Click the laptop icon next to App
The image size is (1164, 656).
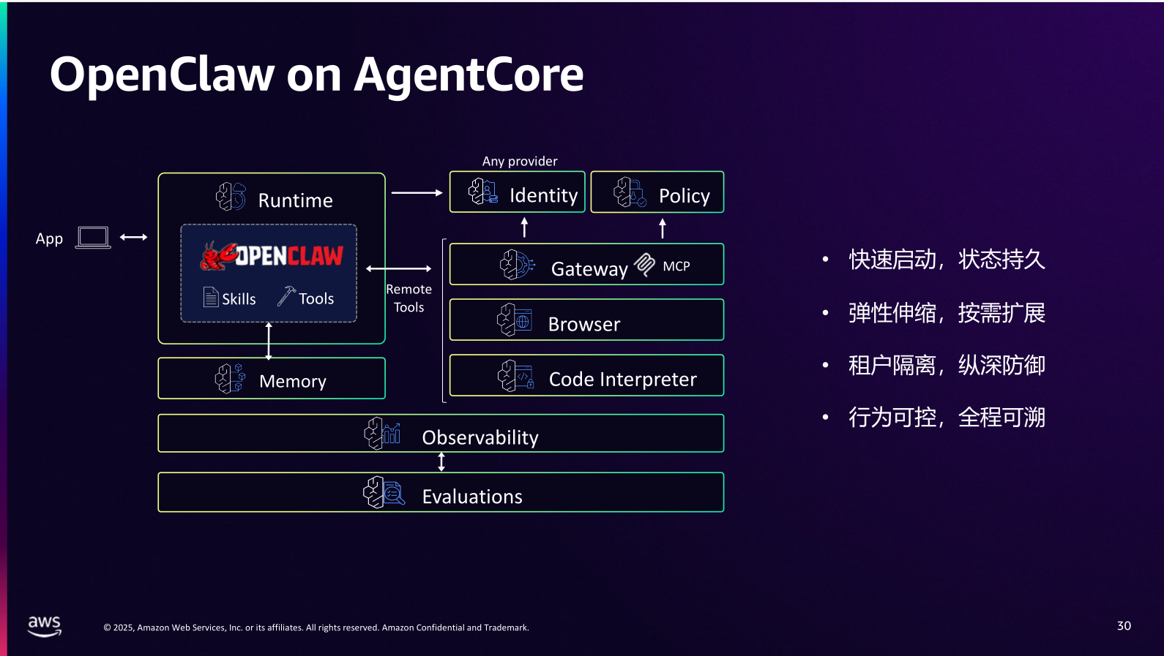pyautogui.click(x=93, y=238)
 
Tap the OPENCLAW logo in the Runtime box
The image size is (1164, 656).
pyautogui.click(x=272, y=256)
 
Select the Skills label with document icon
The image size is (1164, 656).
pyautogui.click(x=230, y=298)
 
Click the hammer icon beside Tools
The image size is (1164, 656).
pyautogui.click(x=286, y=296)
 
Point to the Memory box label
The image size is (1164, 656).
pyautogui.click(x=292, y=381)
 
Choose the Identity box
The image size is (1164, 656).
pyautogui.click(x=518, y=192)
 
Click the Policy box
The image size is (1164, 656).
pyautogui.click(x=657, y=192)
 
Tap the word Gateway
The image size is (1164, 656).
pyautogui.click(x=589, y=269)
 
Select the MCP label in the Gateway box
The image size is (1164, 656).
pyautogui.click(x=676, y=266)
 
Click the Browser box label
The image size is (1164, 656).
pyautogui.click(x=583, y=324)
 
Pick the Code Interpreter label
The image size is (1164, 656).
pyautogui.click(x=622, y=379)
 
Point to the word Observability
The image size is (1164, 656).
pyautogui.click(x=480, y=437)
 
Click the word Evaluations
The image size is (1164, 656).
pyautogui.click(x=472, y=497)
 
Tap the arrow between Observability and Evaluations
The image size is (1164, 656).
pyautogui.click(x=441, y=462)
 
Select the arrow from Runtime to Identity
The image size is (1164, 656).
pyautogui.click(x=417, y=193)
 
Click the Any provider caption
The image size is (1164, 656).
pyautogui.click(x=520, y=161)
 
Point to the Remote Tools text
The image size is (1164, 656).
pyautogui.click(x=408, y=298)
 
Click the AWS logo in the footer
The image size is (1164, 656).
pyautogui.click(x=45, y=625)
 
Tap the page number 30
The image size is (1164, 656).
pyautogui.click(x=1124, y=625)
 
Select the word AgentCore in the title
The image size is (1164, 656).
pyautogui.click(x=469, y=75)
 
